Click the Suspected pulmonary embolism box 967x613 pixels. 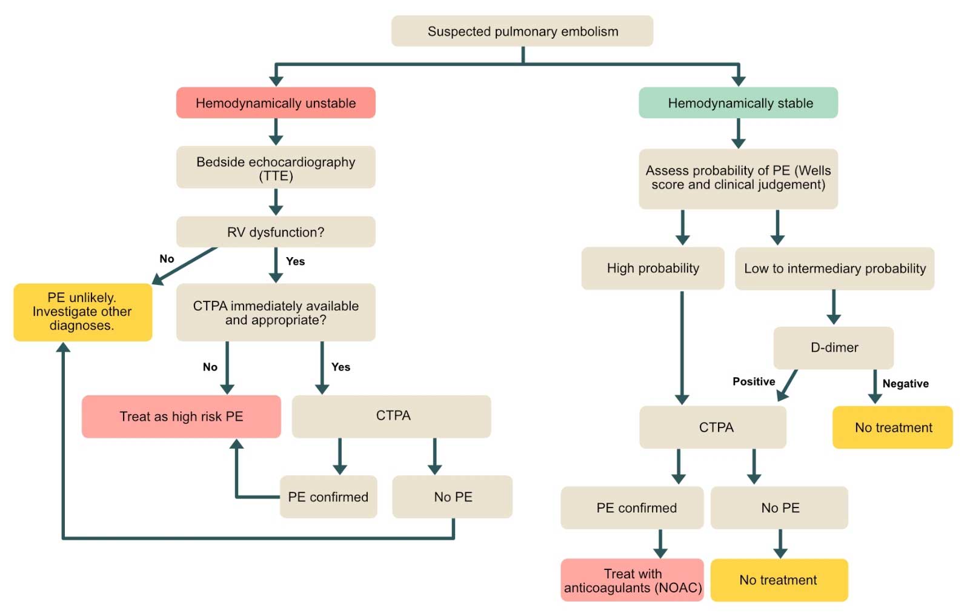point(522,31)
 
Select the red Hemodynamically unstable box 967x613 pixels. point(276,103)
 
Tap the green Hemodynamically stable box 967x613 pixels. point(738,103)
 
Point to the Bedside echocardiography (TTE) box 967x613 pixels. point(276,167)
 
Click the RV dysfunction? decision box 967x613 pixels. point(276,232)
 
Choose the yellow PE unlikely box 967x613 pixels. point(83,312)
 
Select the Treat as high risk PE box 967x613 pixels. point(181,417)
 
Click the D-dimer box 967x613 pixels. point(834,348)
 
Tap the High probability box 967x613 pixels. point(653,268)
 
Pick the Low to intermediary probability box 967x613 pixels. point(834,268)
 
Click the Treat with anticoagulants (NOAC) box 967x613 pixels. point(633,580)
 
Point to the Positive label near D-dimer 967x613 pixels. point(754,381)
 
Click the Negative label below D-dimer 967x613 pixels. point(905,384)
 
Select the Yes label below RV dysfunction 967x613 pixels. point(295,261)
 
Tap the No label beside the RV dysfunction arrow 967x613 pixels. point(167,259)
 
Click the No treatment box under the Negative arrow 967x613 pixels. point(892,427)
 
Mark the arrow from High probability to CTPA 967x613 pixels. point(682,348)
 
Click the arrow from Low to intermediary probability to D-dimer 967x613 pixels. point(834,307)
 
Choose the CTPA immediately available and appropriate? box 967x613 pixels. point(276,312)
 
